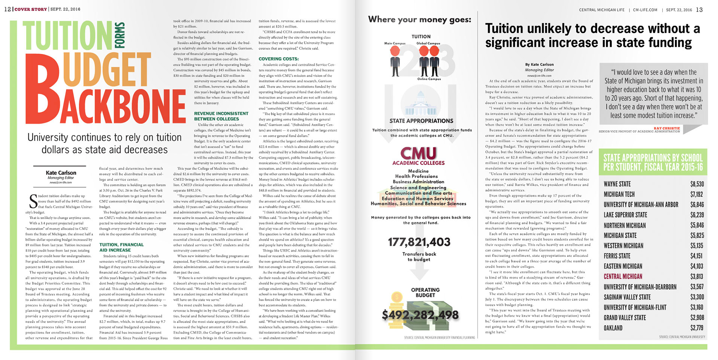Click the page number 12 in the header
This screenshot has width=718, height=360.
(x=7, y=9)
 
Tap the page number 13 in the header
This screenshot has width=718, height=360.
(x=699, y=10)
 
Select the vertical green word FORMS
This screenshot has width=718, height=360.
(x=120, y=36)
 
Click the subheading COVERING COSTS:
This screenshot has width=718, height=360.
(x=279, y=59)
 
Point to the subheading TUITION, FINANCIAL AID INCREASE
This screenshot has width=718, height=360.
(x=121, y=247)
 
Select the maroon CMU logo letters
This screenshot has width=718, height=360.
(x=418, y=153)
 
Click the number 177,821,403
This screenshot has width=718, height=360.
(x=419, y=242)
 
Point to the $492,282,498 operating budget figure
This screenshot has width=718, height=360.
(x=420, y=315)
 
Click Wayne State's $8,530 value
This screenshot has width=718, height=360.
(x=697, y=184)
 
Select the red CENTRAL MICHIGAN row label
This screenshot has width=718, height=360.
(x=623, y=277)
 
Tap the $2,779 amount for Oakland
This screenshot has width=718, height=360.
(x=697, y=328)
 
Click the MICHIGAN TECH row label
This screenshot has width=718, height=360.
(x=619, y=194)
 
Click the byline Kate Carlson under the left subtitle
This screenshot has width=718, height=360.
(x=61, y=173)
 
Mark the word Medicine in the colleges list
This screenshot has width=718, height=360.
(x=418, y=171)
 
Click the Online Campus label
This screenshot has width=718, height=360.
(x=429, y=79)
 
